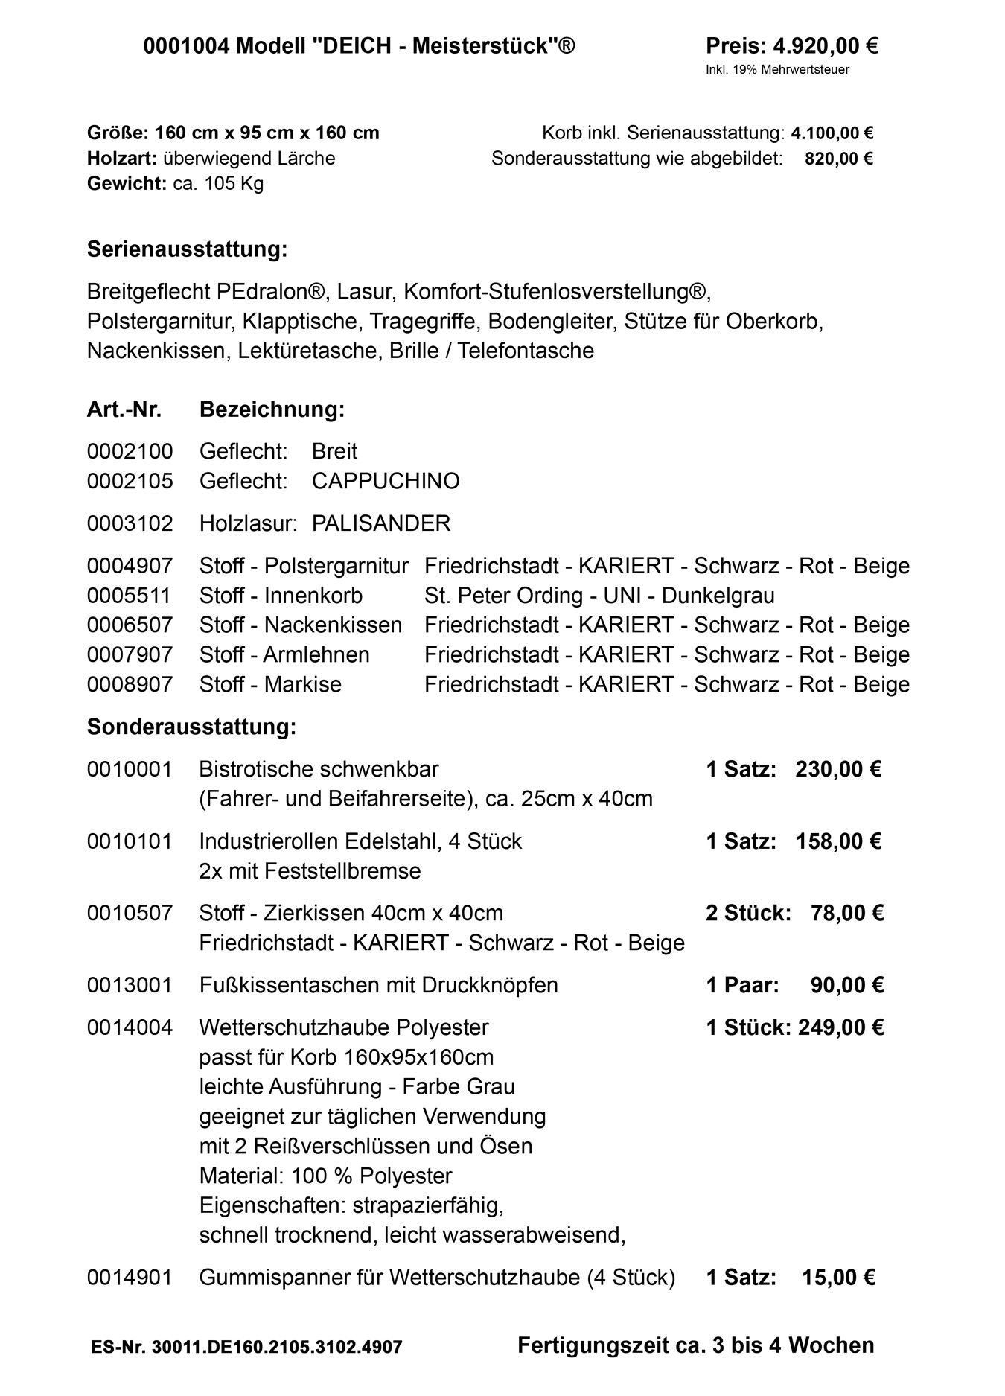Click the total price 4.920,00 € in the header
pyautogui.click(x=825, y=46)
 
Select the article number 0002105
pyautogui.click(x=130, y=481)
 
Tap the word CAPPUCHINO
pyautogui.click(x=386, y=481)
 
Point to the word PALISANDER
pyautogui.click(x=381, y=523)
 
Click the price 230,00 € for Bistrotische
pyautogui.click(x=838, y=769)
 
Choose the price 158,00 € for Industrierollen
pyautogui.click(x=838, y=841)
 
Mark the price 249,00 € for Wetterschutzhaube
pyautogui.click(x=840, y=1027)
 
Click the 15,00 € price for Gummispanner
pyautogui.click(x=838, y=1278)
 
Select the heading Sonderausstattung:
pyautogui.click(x=191, y=727)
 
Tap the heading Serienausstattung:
pyautogui.click(x=187, y=249)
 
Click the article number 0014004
pyautogui.click(x=130, y=1027)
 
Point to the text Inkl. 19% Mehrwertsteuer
pyautogui.click(x=777, y=70)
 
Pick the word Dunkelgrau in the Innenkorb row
pyautogui.click(x=718, y=596)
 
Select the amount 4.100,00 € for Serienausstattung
pyautogui.click(x=832, y=134)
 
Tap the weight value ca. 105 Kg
pyautogui.click(x=218, y=183)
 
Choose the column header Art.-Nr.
pyautogui.click(x=124, y=409)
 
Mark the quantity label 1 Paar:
pyautogui.click(x=742, y=985)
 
